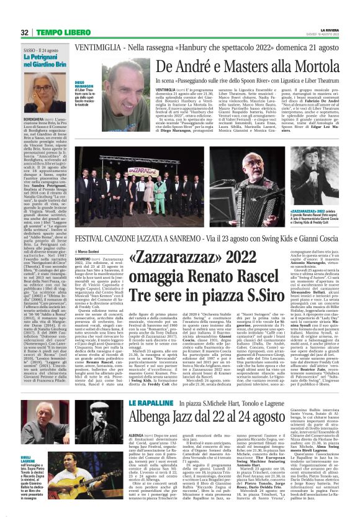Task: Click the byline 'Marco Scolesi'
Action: [90, 251]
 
